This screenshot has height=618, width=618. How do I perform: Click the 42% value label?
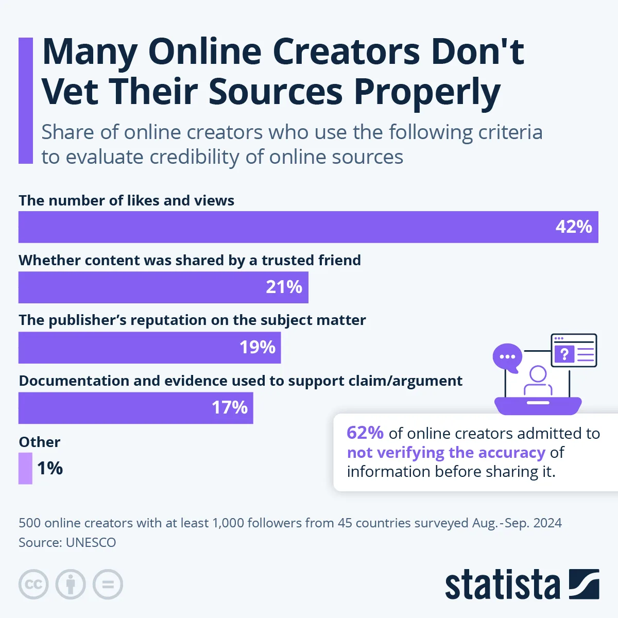574,227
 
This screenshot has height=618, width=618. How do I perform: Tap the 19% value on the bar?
257,347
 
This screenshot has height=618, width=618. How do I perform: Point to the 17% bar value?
230,407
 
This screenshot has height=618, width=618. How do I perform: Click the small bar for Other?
25,468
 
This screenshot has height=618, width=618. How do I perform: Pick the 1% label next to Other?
50,468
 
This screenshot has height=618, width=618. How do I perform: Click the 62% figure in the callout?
365,433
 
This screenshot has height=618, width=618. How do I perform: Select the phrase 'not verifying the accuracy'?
446,452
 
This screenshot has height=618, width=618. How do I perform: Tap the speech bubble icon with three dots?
507,356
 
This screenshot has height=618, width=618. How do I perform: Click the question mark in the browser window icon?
564,354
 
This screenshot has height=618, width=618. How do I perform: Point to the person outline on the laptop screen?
538,381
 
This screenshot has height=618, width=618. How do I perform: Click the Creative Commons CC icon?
33,585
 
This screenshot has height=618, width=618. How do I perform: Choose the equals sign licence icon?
108,585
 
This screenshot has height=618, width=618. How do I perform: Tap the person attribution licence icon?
71,585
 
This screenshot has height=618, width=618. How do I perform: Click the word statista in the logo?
502,585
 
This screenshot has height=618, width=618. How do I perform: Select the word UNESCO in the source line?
91,542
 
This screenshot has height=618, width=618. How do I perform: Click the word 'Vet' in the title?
68,92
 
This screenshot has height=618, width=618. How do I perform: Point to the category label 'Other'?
39,442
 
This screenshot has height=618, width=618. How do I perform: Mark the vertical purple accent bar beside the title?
25,100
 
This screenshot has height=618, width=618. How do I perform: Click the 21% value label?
284,287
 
